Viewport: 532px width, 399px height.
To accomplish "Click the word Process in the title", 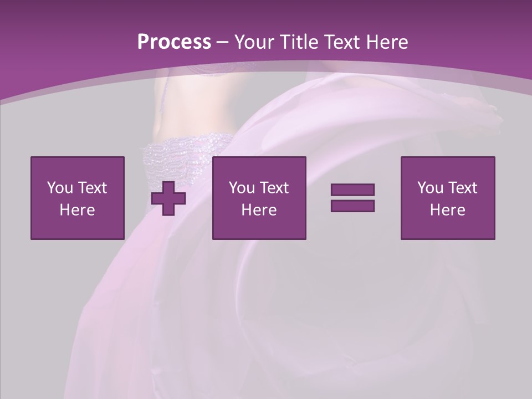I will point(174,42).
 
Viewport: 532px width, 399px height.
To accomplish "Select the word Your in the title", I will point(255,42).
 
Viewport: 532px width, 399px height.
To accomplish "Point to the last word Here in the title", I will point(387,42).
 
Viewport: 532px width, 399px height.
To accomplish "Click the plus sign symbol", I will point(168,198).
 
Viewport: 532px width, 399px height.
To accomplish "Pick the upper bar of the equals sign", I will point(352,190).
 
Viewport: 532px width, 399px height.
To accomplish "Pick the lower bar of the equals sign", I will point(352,206).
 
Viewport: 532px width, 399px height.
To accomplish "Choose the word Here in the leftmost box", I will point(77,210).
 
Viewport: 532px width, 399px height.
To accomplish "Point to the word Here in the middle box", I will point(259,210).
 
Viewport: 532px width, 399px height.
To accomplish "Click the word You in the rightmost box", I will point(430,188).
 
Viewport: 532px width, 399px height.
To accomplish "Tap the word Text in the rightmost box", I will point(462,188).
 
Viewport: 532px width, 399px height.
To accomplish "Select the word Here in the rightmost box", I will point(447,210).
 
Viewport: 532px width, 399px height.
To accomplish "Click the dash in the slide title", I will point(223,42).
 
